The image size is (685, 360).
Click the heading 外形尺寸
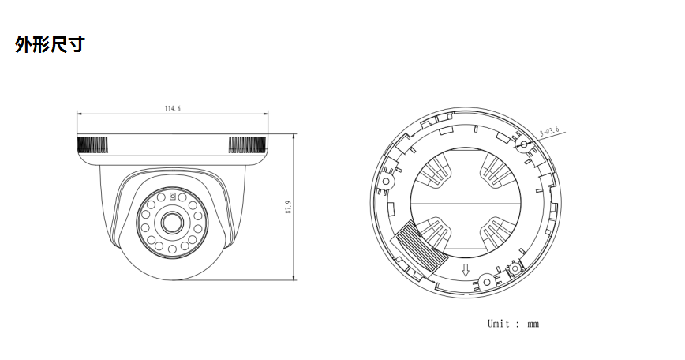tap(49, 45)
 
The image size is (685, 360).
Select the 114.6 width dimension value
tap(172, 109)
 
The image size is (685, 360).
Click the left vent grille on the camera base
tap(92, 144)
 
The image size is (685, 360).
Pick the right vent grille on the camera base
tap(246, 144)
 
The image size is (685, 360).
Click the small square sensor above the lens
tap(172, 196)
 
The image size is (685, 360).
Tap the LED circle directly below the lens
tap(171, 250)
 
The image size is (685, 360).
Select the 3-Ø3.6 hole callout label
tap(549, 130)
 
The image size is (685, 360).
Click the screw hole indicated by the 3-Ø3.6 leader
tap(522, 144)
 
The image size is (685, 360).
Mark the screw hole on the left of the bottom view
tap(387, 181)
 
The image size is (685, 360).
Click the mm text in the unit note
tap(533, 324)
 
